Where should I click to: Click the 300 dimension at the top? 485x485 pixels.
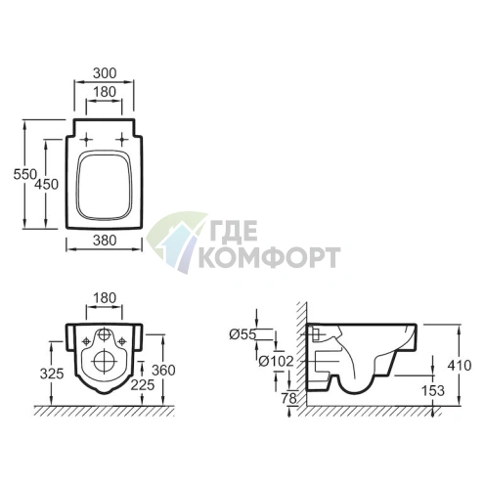(105, 73)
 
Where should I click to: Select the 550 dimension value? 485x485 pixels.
(24, 174)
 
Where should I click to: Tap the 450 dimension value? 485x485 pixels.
(46, 185)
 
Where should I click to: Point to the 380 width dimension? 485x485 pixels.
(105, 241)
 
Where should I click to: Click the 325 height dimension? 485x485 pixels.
(52, 374)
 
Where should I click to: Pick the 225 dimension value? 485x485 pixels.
(143, 385)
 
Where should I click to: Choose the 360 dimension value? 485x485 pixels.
(163, 371)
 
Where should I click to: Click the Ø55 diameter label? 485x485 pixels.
(242, 334)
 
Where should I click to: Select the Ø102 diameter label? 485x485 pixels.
(276, 361)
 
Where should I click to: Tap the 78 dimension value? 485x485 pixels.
(288, 398)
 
